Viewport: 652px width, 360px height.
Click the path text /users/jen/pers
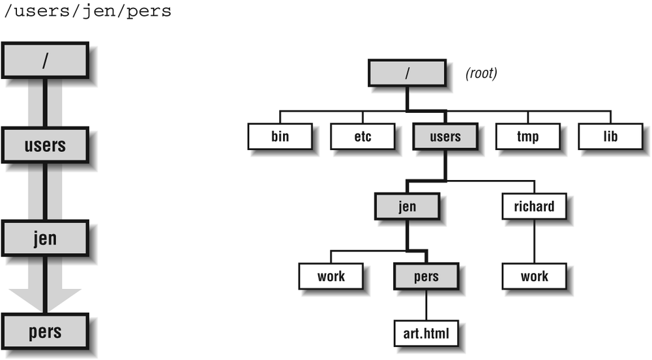pos(86,12)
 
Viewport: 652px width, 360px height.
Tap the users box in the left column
pos(45,145)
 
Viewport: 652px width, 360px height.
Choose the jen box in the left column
pos(45,238)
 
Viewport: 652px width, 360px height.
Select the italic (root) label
pos(481,74)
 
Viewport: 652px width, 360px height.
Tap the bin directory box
pos(280,137)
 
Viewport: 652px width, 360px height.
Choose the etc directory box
pos(363,137)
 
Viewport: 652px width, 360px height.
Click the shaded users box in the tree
pos(445,137)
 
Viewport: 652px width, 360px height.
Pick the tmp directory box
pos(527,137)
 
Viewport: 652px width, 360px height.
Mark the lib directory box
pos(610,137)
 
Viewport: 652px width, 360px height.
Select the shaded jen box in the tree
pos(407,207)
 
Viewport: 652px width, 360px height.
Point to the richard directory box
pos(535,207)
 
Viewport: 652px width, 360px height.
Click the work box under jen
pos(331,277)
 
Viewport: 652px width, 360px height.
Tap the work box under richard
pos(535,277)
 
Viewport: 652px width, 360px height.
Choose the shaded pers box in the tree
pos(426,277)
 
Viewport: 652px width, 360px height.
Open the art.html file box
pos(426,333)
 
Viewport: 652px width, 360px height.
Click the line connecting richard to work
pos(535,241)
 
